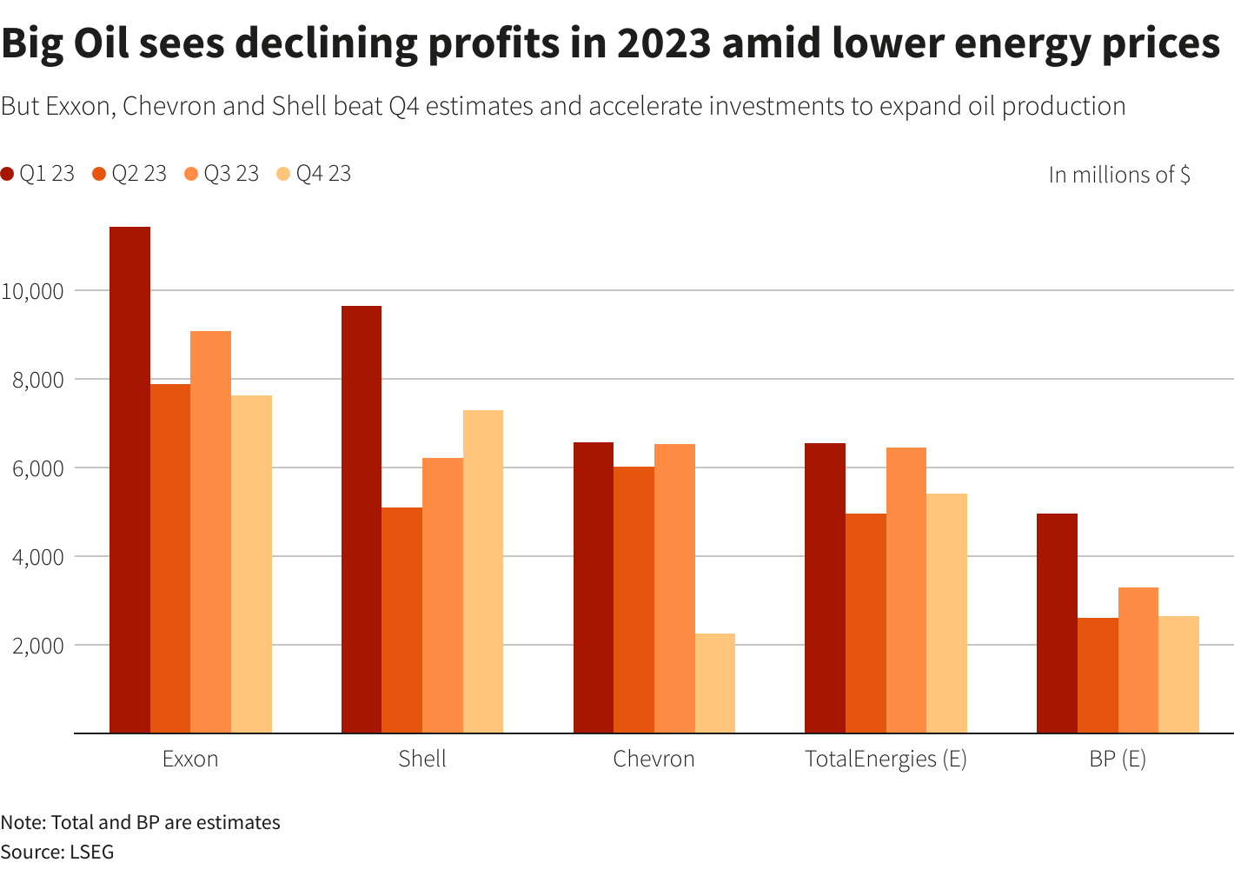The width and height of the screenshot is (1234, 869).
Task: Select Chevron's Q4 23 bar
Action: (714, 683)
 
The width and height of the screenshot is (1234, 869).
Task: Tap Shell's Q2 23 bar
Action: (401, 620)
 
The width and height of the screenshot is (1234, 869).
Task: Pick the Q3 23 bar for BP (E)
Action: (1138, 660)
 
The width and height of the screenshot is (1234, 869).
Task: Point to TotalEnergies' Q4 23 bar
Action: (946, 614)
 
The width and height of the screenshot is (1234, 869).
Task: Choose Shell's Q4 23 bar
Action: (483, 572)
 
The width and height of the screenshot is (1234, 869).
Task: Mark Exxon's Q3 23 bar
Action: (210, 532)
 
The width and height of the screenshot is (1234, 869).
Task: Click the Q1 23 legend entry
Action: (38, 174)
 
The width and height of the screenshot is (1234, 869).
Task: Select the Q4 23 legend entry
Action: (314, 174)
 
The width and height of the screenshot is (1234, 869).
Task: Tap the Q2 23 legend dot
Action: (98, 174)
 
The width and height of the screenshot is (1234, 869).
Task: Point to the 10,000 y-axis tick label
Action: (32, 291)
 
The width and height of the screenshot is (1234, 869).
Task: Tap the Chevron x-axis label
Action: (653, 759)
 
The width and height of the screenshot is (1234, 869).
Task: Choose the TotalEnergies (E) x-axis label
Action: (886, 759)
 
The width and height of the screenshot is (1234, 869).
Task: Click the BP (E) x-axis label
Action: (1118, 759)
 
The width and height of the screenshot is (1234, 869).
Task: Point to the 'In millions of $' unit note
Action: (1118, 175)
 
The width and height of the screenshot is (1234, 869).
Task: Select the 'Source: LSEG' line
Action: (57, 852)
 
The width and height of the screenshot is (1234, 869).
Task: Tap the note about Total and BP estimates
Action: (140, 822)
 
